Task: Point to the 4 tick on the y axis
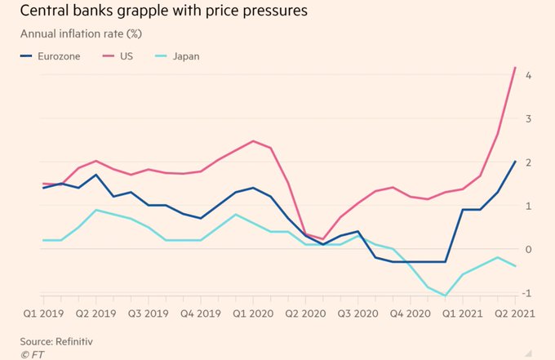[x=530, y=75]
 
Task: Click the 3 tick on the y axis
[x=530, y=119]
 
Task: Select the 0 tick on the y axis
[x=530, y=250]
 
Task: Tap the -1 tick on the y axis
[x=528, y=293]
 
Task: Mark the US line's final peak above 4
[x=515, y=68]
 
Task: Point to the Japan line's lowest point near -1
[x=446, y=296]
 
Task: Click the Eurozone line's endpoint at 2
[x=515, y=162]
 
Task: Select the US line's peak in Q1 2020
[x=253, y=141]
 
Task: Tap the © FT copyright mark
[x=33, y=353]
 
